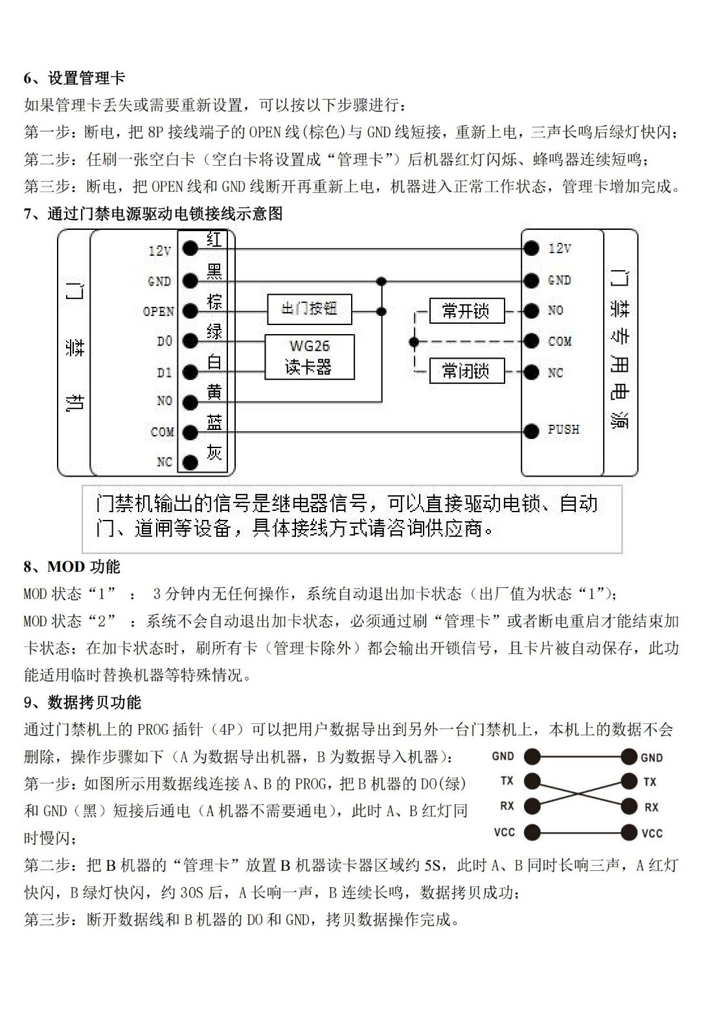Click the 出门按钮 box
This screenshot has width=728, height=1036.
[x=310, y=309]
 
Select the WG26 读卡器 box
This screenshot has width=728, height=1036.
[x=310, y=357]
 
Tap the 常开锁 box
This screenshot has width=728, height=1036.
[x=466, y=311]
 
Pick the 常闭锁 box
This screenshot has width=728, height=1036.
[x=466, y=371]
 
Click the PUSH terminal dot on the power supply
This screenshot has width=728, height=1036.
[x=531, y=431]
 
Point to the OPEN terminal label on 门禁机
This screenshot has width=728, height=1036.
[x=159, y=311]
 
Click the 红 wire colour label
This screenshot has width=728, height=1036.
[x=214, y=240]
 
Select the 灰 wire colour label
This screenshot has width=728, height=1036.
[x=214, y=452]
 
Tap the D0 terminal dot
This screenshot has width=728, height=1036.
[x=190, y=341]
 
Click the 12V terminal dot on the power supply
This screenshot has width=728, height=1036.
[x=531, y=248]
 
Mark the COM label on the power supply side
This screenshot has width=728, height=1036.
[x=560, y=341]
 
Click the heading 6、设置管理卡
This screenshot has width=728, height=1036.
[x=74, y=78]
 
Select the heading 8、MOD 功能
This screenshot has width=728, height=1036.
[x=72, y=567]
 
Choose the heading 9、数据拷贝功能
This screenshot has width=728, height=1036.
[x=82, y=703]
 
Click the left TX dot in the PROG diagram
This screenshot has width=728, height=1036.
[x=532, y=782]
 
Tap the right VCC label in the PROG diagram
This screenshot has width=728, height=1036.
[x=652, y=833]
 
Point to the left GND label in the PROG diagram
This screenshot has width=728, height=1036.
[x=503, y=756]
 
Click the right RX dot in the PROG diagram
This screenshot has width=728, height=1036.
[x=629, y=807]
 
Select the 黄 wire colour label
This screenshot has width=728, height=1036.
[x=214, y=392]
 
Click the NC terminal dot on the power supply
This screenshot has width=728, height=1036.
[x=531, y=372]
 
